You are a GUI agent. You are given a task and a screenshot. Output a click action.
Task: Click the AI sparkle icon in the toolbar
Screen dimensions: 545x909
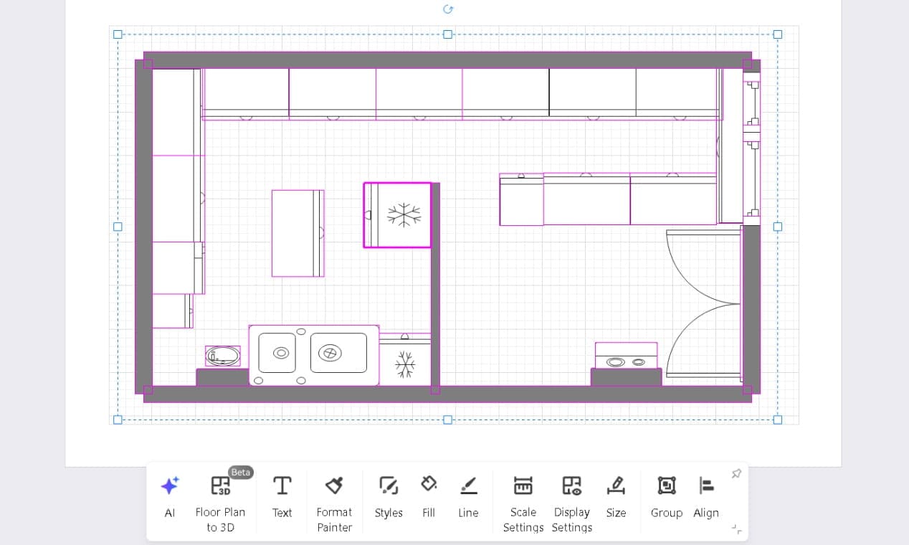pos(170,486)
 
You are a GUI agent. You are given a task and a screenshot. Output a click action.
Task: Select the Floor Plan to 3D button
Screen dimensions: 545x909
pos(220,486)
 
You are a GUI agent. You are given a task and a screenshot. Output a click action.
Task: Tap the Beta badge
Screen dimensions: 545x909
pos(240,473)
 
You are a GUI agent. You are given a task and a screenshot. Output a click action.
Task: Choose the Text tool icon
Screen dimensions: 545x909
pos(282,486)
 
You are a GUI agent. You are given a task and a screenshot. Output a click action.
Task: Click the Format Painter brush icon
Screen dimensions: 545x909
pos(334,486)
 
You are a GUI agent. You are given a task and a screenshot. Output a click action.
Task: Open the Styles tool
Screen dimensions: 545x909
pos(389,486)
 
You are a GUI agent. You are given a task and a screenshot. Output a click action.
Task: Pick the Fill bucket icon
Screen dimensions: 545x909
pos(429,485)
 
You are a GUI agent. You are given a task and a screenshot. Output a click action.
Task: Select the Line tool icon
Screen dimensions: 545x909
pos(468,486)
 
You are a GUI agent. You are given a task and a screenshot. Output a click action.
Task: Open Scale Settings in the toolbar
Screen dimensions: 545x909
pos(523,486)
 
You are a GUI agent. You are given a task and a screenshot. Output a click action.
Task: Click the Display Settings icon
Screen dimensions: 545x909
pos(571,486)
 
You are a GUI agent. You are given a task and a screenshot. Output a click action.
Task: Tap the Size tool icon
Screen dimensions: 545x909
pos(616,486)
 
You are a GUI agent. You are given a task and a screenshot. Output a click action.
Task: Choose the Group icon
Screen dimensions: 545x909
pos(666,486)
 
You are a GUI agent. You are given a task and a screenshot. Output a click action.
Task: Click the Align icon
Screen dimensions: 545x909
pos(706,486)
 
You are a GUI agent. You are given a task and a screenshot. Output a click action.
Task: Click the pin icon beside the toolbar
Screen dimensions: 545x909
pos(736,474)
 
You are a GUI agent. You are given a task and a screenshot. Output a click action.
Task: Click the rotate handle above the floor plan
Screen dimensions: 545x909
pos(448,9)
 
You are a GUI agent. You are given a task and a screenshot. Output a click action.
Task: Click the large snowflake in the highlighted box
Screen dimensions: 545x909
pos(404,215)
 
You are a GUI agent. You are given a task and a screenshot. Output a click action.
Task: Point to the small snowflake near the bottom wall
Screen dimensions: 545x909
pos(405,364)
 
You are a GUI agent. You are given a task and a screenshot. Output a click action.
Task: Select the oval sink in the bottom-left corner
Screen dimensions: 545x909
pos(223,356)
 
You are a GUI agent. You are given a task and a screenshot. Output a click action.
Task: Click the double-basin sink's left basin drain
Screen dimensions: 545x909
pos(281,353)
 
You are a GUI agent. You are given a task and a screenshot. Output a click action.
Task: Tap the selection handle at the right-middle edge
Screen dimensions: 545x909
pos(778,227)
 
